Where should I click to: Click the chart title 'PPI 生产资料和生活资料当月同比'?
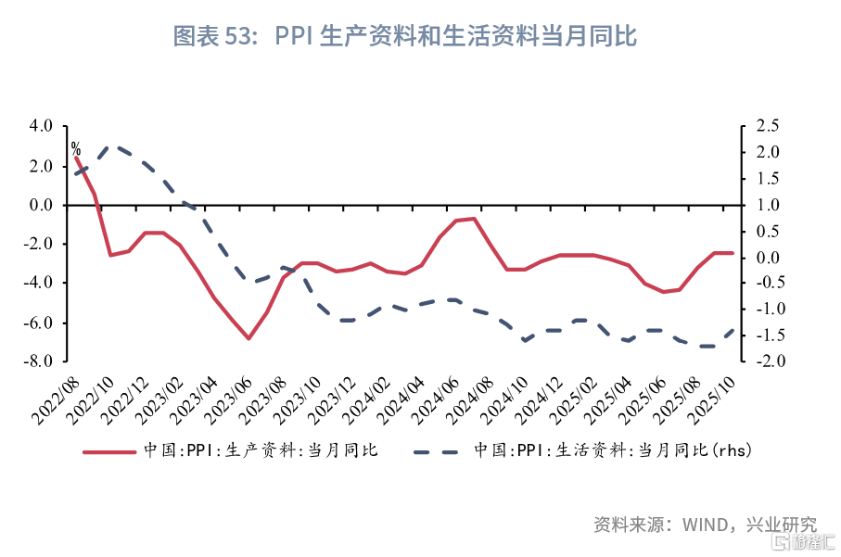tap(455, 36)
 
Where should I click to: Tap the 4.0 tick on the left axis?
tap(41, 126)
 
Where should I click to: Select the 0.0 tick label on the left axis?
tap(41, 205)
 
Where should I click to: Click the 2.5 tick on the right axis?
tap(768, 126)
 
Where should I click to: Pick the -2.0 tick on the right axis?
tap(771, 361)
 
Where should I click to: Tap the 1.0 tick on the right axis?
tap(768, 205)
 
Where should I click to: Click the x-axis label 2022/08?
tap(56, 400)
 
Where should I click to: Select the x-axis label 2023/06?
tap(228, 400)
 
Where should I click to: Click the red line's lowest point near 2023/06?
tap(248, 338)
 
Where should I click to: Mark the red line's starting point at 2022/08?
tap(76, 157)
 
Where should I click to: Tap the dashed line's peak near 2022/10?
tap(111, 146)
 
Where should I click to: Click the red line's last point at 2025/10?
tap(733, 253)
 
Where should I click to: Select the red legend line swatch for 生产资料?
tap(109, 452)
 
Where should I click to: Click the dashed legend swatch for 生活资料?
tap(436, 452)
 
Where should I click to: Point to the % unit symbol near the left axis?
tap(76, 148)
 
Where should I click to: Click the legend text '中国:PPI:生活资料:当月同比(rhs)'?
tap(613, 450)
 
